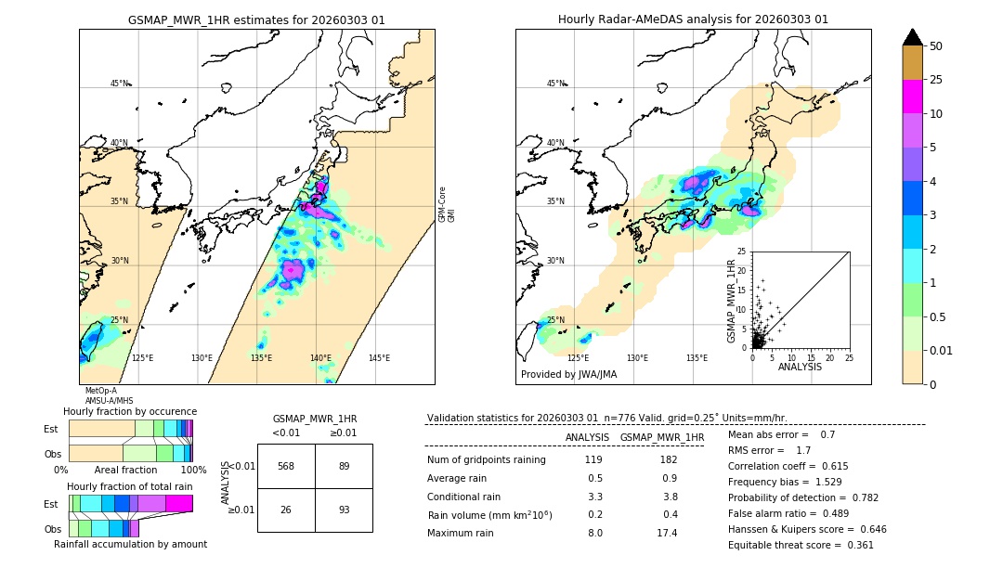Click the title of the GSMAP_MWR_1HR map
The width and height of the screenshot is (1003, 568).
pos(256,19)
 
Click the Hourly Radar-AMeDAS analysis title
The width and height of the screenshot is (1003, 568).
pos(693,19)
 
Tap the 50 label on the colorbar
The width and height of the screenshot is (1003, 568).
pos(936,46)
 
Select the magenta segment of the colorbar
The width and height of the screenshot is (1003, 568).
pos(913,97)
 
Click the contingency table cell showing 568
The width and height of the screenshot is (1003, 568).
pos(286,467)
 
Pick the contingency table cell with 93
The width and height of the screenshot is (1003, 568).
pos(344,510)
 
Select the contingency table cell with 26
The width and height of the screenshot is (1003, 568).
pos(286,510)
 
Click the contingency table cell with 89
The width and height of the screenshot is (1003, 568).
pos(344,467)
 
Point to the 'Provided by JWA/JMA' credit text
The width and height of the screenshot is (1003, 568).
pos(568,374)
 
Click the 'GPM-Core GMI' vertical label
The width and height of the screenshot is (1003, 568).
pos(447,204)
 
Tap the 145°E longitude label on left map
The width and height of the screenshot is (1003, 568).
pos(379,358)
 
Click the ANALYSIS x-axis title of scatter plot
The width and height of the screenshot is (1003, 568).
pos(800,367)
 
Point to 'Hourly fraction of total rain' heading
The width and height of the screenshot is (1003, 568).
pos(130,486)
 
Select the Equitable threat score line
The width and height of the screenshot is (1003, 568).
pos(801,545)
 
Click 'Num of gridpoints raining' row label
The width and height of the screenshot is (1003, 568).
pos(487,460)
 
